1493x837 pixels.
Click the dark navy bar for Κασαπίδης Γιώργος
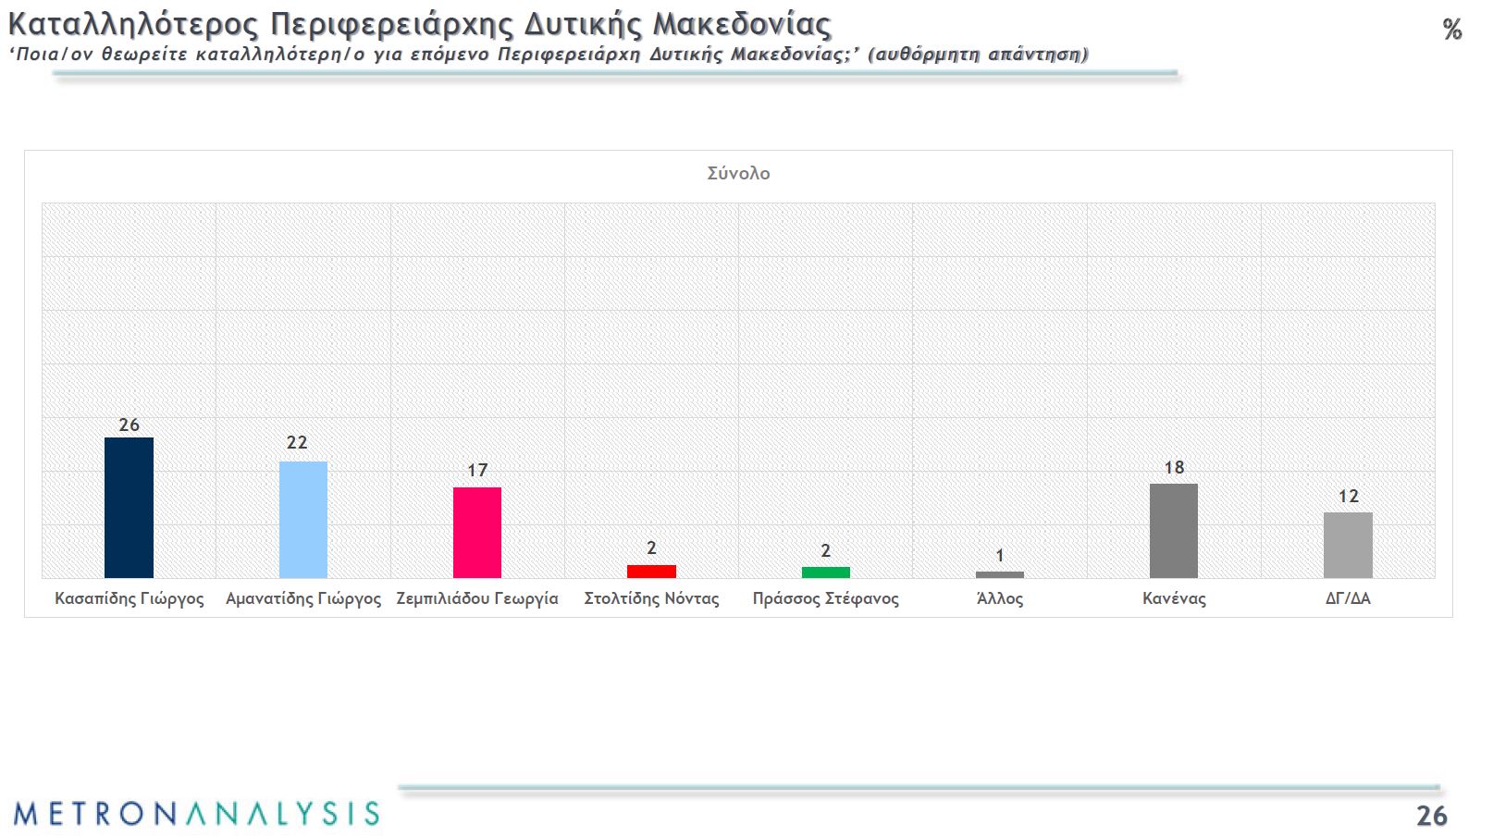coord(129,508)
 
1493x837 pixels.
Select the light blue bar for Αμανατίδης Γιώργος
coord(303,520)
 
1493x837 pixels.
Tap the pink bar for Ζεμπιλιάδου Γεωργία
coord(477,533)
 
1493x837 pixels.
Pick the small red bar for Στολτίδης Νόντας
coord(651,572)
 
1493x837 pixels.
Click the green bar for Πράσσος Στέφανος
coord(825,572)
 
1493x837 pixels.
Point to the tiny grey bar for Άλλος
coord(999,574)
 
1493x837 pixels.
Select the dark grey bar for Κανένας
coord(1173,531)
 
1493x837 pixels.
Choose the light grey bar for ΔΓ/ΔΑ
coord(1348,545)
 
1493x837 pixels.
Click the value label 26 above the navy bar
coord(129,425)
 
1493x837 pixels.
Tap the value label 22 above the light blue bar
coord(297,442)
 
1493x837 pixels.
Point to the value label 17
coord(477,470)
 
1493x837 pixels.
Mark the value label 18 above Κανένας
coord(1174,467)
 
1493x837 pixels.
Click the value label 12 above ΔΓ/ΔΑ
coord(1349,496)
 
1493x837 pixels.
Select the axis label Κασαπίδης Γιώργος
coord(130,598)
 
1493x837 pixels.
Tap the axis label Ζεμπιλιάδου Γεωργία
coord(477,598)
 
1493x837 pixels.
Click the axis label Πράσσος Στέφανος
coord(825,598)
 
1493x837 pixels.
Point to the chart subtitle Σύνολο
coord(738,173)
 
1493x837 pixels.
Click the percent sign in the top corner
coord(1452,30)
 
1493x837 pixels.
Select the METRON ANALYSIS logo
coord(196,813)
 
